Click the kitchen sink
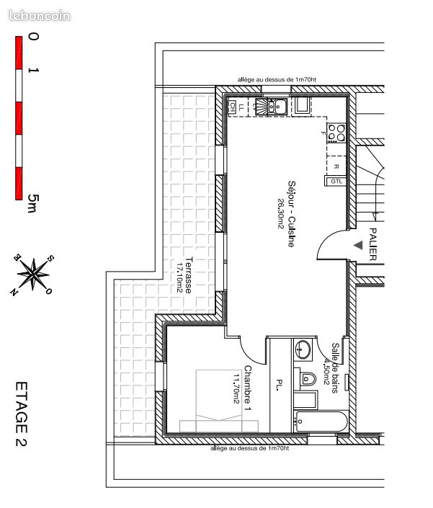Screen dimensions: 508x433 coord(276,107)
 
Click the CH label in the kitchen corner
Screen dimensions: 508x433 coord(233,106)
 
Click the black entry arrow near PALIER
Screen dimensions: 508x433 coord(358,245)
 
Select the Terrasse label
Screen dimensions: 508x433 coord(188,275)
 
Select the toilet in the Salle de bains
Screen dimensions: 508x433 coord(308,378)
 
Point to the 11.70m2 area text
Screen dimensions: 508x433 coord(236,389)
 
